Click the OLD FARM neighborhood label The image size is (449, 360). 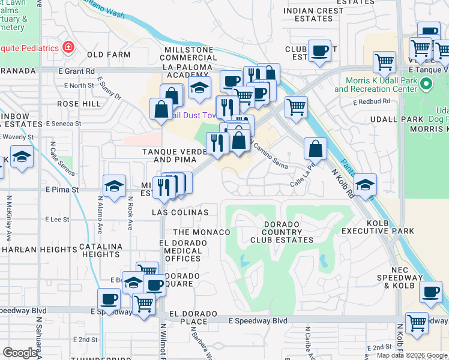coord(109,55)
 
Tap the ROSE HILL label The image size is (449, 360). coord(79,104)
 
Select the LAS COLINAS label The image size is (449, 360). coord(181,212)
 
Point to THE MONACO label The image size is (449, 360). coord(201,232)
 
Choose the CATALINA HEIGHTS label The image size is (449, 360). coord(102,250)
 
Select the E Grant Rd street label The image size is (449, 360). coord(77,71)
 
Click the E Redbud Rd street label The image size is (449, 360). coord(376,101)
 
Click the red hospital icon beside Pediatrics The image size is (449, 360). coord(69,47)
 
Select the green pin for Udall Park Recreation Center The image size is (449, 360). coord(426,84)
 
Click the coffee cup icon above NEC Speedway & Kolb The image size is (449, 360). coord(430,291)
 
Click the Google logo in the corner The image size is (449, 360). coord(20,353)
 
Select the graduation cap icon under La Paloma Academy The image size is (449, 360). coord(199,88)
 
